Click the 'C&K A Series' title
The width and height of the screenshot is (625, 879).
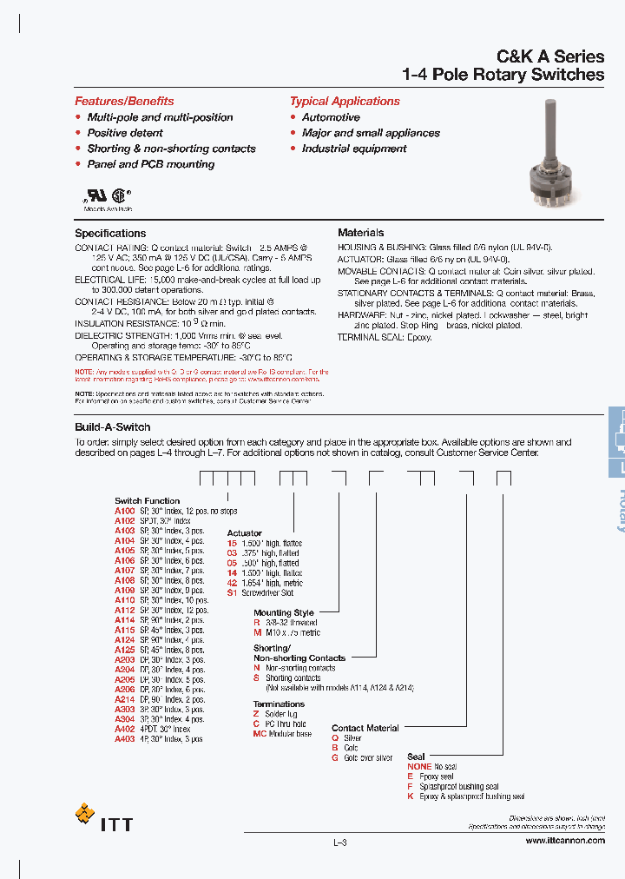tap(550, 56)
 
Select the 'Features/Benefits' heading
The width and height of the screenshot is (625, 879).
tap(124, 101)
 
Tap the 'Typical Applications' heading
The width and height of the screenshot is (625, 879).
tap(345, 101)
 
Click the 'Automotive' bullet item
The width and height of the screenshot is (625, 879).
tap(331, 117)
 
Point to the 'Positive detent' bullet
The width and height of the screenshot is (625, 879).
tap(125, 133)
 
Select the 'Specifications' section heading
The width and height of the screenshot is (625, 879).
tap(110, 233)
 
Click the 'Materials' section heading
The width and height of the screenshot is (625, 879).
tap(360, 233)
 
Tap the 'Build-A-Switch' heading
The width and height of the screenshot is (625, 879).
tap(113, 427)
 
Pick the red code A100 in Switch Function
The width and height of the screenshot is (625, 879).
tap(125, 512)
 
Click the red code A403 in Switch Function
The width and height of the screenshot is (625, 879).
tap(125, 739)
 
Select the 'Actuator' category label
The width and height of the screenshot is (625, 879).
tap(244, 533)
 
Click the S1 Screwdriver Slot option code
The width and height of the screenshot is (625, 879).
tap(232, 593)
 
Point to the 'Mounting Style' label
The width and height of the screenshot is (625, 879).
tap(284, 613)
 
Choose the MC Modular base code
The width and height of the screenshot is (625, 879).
tap(260, 734)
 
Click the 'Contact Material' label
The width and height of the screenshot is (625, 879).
tap(365, 728)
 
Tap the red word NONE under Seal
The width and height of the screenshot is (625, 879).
tap(419, 767)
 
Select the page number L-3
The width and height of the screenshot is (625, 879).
tap(339, 843)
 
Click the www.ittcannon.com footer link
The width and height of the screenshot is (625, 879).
tap(565, 841)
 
